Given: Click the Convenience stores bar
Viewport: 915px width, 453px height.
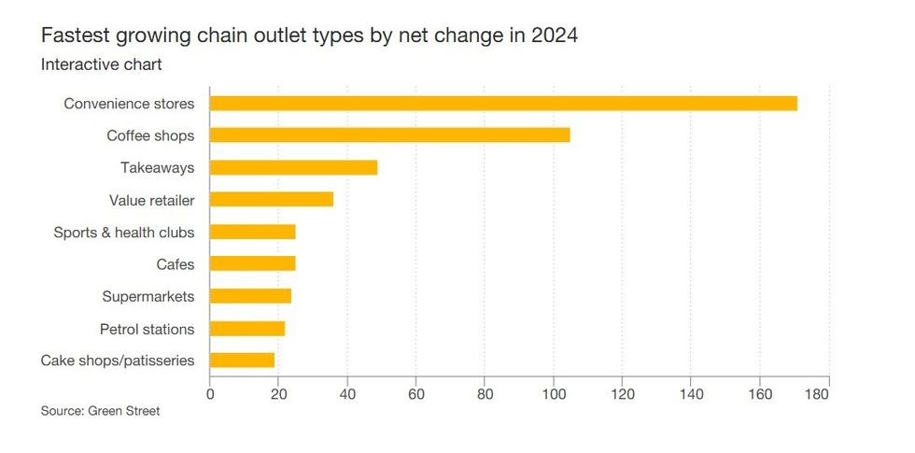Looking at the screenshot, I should point(503,104).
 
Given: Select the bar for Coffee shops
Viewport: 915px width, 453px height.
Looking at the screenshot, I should point(389,135).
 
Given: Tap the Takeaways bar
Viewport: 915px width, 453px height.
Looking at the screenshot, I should point(293,168).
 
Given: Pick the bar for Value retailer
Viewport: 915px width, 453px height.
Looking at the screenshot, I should point(271,200).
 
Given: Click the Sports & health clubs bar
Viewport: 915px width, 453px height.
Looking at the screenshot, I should point(252,232).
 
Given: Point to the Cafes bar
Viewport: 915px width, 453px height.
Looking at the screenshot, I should point(252,264).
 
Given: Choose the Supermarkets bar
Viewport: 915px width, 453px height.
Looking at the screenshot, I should point(250,296).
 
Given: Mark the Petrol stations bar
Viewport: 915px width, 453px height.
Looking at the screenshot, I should point(247,329).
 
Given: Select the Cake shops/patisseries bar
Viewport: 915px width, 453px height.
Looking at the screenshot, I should point(242,361).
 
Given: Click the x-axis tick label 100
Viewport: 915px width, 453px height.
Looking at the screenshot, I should point(554,395).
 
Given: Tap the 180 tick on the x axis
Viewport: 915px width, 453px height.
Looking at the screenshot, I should point(816,395).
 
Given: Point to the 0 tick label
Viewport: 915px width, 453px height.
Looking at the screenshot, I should point(210,395).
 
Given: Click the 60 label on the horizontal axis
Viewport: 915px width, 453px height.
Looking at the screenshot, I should point(416,395).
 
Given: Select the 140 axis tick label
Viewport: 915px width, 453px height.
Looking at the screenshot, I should point(691,395).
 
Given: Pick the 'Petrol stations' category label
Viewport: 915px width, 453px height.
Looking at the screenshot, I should point(147,329).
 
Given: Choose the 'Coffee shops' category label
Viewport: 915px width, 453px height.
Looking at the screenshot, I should point(150,135).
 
